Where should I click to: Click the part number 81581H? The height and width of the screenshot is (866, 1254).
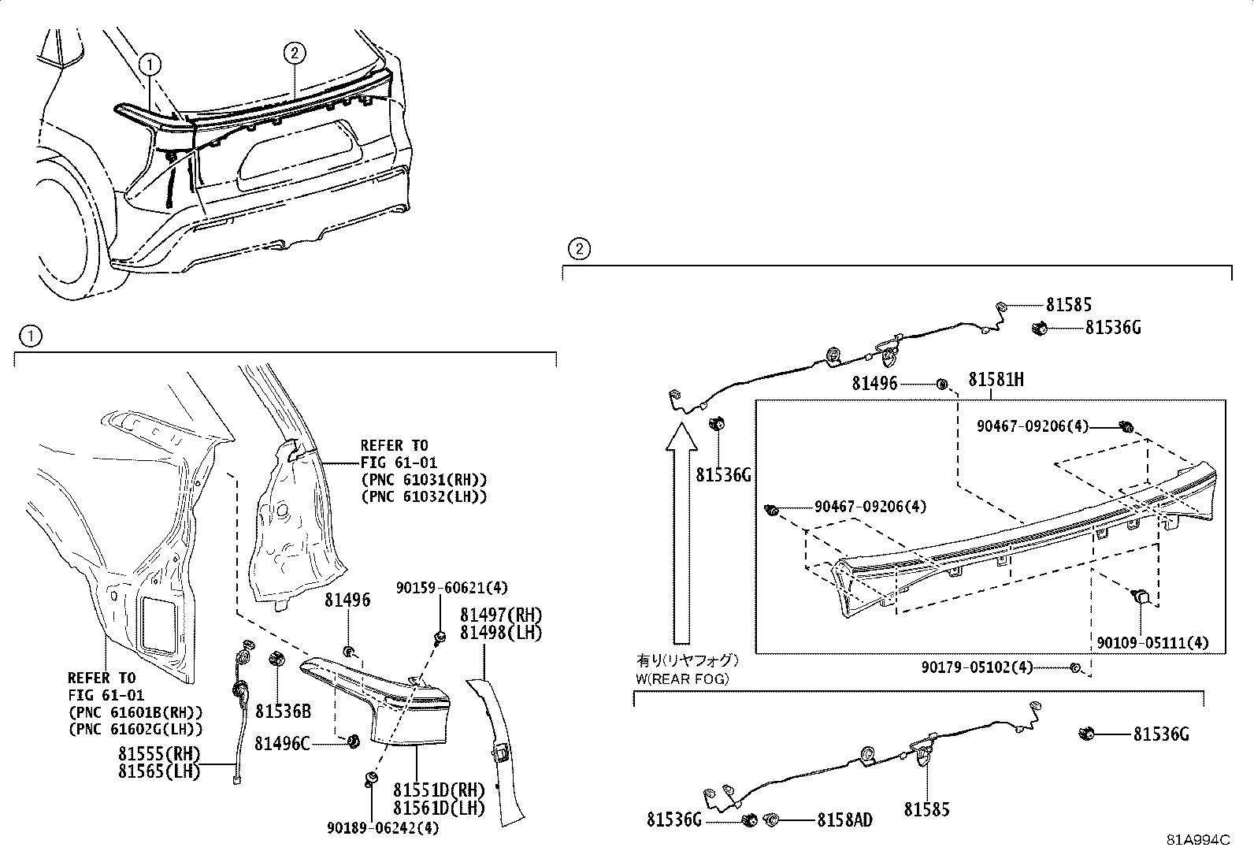pyautogui.click(x=996, y=380)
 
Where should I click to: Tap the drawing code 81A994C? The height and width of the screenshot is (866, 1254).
pyautogui.click(x=1198, y=839)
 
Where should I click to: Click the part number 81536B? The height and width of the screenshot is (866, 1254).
pyautogui.click(x=283, y=712)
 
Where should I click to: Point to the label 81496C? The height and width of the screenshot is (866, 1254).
pyautogui.click(x=282, y=742)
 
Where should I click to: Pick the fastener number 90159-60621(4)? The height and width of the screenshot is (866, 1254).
pyautogui.click(x=451, y=587)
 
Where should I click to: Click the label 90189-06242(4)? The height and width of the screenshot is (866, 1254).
pyautogui.click(x=384, y=827)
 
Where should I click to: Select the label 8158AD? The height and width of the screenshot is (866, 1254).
pyautogui.click(x=844, y=820)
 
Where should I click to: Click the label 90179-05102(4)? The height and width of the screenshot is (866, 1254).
pyautogui.click(x=977, y=667)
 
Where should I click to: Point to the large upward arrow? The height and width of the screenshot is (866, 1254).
pyautogui.click(x=679, y=536)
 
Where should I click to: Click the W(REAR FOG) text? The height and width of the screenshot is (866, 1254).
pyautogui.click(x=682, y=678)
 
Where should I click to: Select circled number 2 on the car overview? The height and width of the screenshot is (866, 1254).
pyautogui.click(x=293, y=53)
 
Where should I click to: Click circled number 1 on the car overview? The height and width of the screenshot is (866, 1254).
pyautogui.click(x=150, y=65)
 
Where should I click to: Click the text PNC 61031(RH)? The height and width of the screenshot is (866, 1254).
pyautogui.click(x=424, y=479)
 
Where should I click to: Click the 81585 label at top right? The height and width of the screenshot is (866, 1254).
pyautogui.click(x=1068, y=305)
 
